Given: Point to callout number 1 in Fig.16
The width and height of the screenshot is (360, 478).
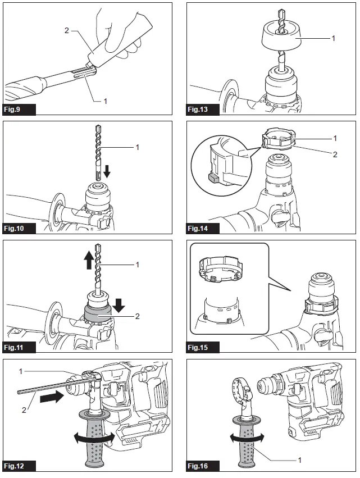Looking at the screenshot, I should click(x=299, y=459).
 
